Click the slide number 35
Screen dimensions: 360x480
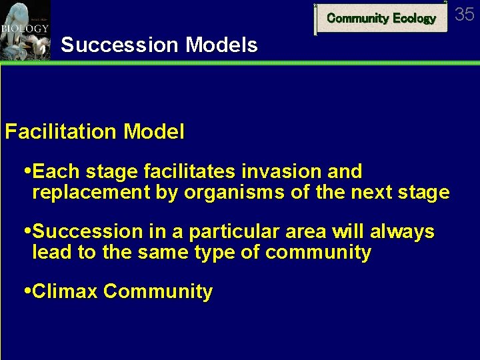click(464, 14)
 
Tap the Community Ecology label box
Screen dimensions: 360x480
click(381, 18)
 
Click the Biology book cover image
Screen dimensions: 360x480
click(25, 30)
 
